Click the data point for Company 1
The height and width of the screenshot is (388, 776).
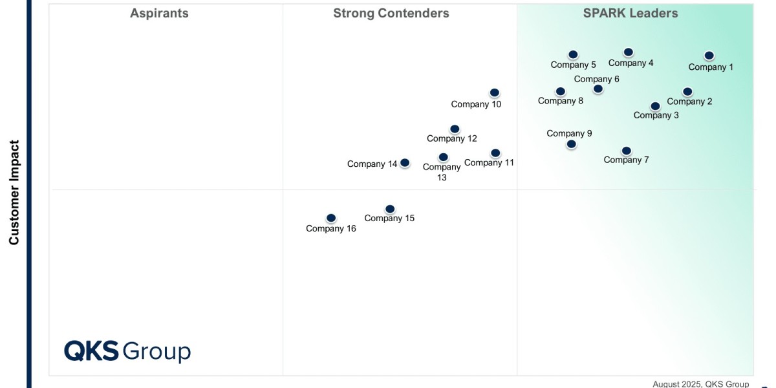[709, 56]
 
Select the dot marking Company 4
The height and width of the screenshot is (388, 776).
[628, 52]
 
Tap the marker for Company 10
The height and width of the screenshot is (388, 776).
[494, 93]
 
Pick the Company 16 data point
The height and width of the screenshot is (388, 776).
[331, 219]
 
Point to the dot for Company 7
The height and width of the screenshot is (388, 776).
[626, 151]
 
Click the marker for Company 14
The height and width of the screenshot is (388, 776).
[405, 163]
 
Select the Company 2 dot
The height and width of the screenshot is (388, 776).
[687, 92]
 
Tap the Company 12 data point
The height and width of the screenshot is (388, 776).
[455, 129]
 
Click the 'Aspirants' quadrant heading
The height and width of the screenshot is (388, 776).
[159, 14]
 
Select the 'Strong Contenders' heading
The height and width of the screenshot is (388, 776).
[391, 14]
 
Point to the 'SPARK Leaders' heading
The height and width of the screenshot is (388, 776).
[630, 14]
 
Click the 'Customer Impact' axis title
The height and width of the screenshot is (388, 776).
[14, 193]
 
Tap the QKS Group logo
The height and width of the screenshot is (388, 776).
[127, 351]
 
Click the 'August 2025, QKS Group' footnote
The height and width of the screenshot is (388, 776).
[700, 383]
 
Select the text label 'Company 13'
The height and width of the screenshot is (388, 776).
[442, 172]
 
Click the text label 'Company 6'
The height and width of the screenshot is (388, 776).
[596, 79]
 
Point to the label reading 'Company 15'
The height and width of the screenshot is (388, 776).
[389, 219]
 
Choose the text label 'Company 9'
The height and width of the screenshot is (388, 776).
[569, 134]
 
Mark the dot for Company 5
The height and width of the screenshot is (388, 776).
[573, 55]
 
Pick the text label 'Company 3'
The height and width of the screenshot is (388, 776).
[656, 115]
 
